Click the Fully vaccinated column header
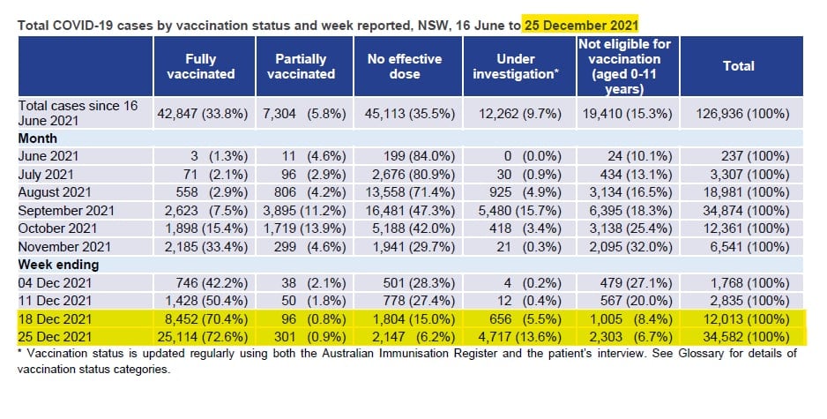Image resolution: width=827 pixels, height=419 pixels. [x=201, y=66]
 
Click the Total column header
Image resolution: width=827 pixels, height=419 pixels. [x=739, y=66]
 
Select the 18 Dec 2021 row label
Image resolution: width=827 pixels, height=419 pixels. [x=55, y=318]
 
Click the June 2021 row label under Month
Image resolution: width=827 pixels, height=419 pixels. [x=48, y=154]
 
